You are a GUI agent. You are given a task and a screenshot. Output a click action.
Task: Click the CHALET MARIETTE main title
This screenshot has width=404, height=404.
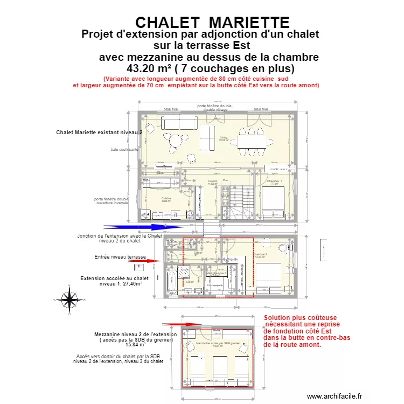tap(212, 22)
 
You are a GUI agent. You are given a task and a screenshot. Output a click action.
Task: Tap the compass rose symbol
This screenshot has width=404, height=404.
tap(68, 298)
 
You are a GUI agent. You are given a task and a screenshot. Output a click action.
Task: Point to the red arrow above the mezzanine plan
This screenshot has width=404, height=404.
tap(175, 325)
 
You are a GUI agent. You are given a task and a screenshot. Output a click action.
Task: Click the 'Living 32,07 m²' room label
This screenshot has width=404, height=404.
tap(224, 139)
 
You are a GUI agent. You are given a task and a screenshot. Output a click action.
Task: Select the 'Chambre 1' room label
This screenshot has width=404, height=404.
tap(274, 182)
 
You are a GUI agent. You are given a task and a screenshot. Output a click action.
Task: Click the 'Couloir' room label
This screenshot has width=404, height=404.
tap(212, 182)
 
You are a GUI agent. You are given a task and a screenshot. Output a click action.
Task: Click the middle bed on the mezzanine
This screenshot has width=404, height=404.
tap(220, 370)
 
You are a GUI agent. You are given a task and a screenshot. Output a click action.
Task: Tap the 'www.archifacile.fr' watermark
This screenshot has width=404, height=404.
tap(336, 396)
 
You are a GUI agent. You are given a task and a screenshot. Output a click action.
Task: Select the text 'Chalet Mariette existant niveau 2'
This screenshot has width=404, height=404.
tap(99, 132)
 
